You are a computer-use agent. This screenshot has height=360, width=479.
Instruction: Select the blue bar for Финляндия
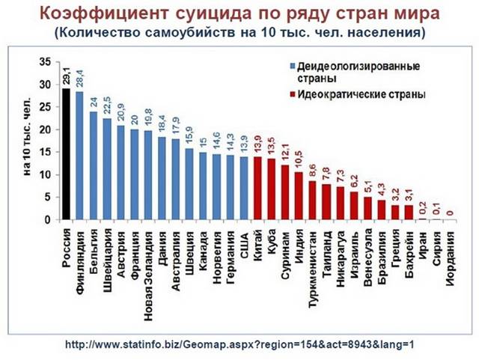pos(79,156)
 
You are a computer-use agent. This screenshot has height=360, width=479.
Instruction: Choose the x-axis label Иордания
pos(449,259)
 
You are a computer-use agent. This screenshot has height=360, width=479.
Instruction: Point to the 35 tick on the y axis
pos(46,61)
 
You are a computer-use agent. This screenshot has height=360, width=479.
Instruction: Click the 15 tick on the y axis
pos(46,153)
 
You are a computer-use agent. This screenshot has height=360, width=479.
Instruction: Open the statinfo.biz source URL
pos(239,344)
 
